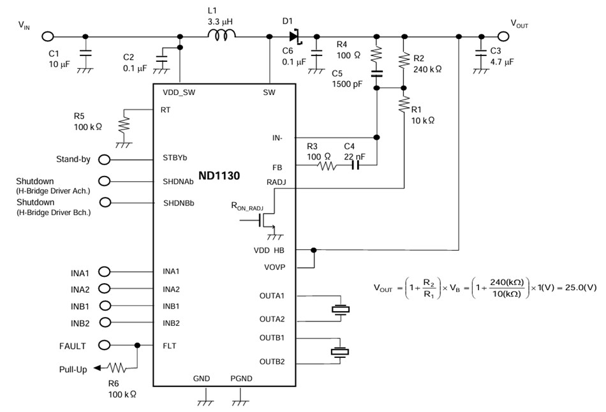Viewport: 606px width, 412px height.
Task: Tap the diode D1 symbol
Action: point(294,36)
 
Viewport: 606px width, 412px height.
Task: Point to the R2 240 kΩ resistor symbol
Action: point(403,61)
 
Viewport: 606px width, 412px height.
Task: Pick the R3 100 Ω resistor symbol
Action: point(326,165)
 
